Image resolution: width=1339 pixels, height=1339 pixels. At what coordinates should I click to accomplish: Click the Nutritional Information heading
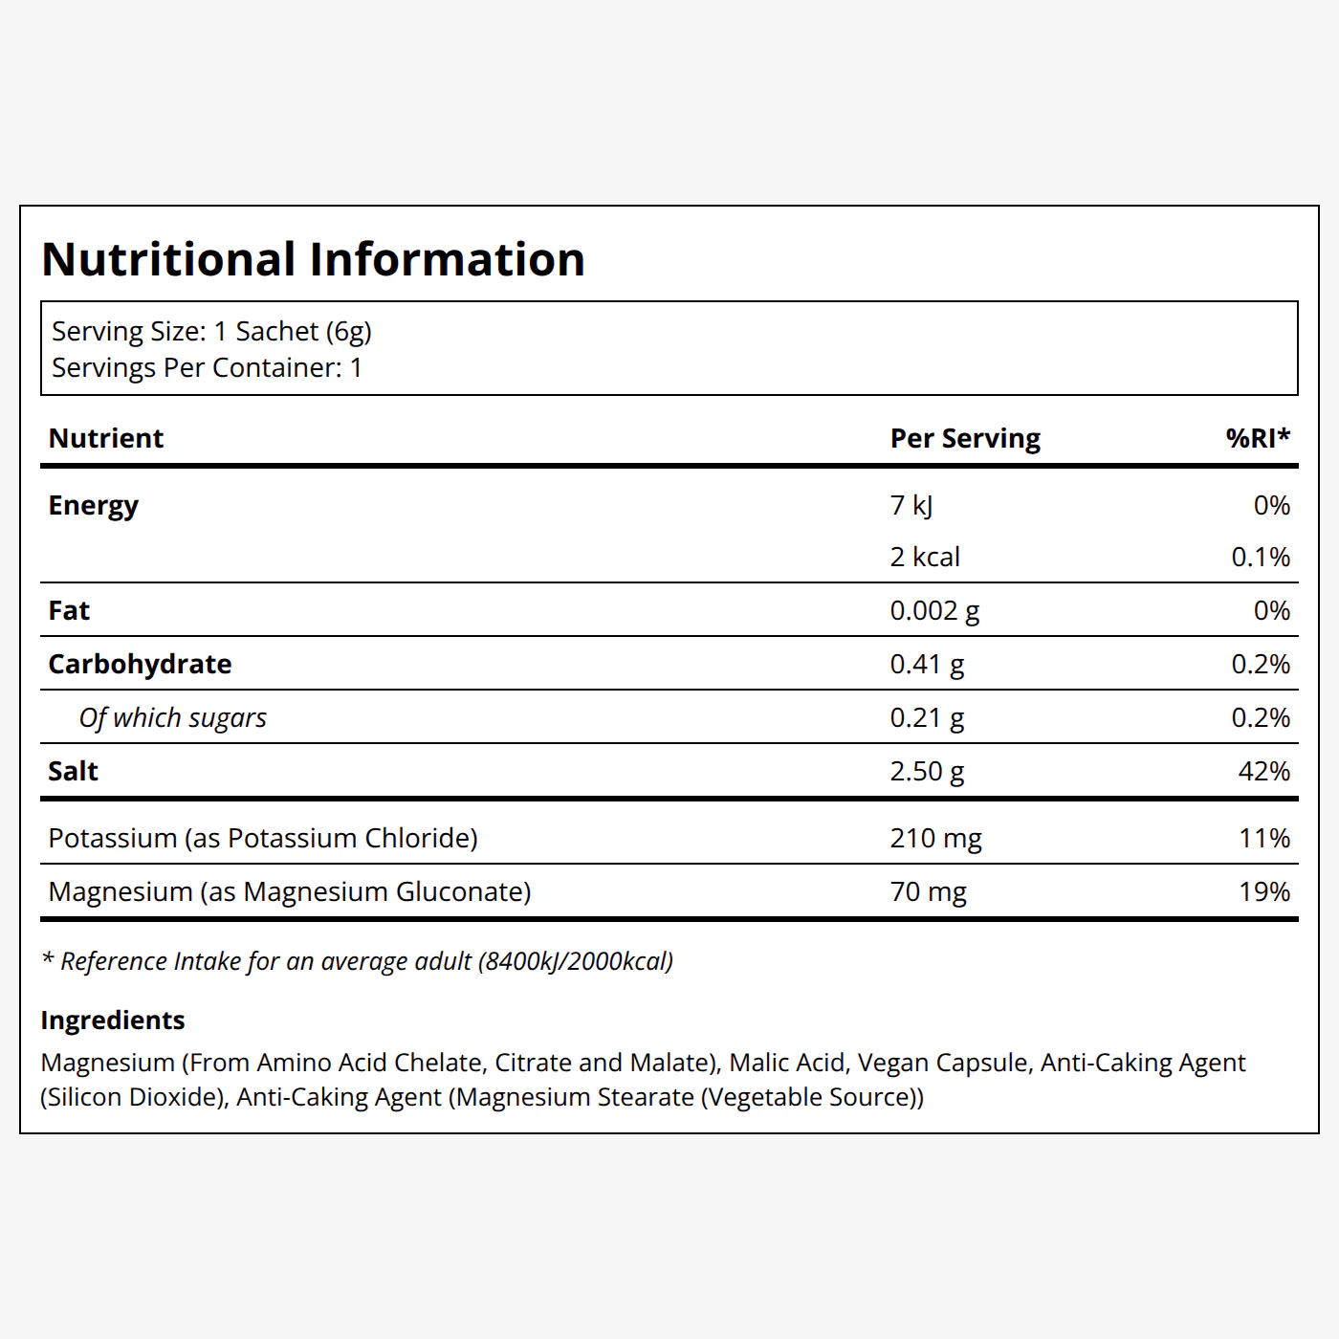(313, 259)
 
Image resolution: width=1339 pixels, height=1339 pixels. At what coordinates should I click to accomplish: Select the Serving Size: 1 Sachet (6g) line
(212, 332)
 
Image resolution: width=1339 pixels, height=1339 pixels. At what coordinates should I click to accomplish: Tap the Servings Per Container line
(208, 368)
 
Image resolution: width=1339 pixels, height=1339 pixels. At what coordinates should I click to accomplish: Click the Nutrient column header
(105, 438)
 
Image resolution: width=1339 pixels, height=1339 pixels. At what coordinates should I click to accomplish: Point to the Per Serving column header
(965, 439)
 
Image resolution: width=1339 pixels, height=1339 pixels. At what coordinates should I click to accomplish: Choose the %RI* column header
(1259, 438)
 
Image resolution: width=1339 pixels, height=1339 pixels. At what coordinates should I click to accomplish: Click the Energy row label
(93, 506)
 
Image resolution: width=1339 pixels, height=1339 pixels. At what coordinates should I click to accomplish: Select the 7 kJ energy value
(911, 506)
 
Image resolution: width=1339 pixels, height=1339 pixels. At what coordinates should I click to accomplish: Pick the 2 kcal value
(926, 557)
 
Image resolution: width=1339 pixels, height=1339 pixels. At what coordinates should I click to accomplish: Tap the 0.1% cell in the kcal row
(1262, 557)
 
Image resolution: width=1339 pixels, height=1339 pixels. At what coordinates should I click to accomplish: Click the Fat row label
(69, 611)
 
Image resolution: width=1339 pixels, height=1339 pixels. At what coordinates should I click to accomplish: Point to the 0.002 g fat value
(935, 611)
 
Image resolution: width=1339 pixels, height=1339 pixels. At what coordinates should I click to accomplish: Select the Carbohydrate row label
(140, 665)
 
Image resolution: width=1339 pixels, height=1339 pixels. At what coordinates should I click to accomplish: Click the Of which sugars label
(173, 717)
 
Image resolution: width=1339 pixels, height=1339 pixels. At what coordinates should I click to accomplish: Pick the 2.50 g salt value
(928, 772)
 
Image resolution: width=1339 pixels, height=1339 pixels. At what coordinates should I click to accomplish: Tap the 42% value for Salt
(1264, 771)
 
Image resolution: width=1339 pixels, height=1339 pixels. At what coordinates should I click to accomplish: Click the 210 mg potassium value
(936, 839)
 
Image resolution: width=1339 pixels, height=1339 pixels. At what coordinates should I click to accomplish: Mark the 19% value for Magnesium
(1264, 891)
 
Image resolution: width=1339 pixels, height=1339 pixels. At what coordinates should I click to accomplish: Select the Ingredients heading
(113, 1021)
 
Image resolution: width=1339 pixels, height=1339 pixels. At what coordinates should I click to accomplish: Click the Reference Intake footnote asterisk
(48, 958)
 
